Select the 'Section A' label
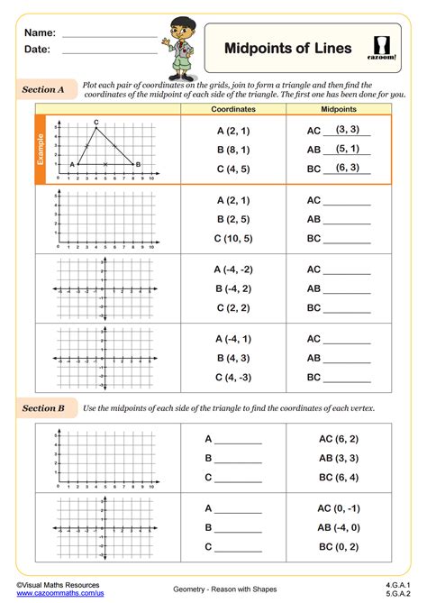(x=43, y=90)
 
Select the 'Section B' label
(x=43, y=407)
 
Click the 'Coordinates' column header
(x=233, y=109)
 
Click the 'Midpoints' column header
(x=339, y=109)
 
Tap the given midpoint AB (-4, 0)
(x=339, y=527)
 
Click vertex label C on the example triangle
(x=96, y=122)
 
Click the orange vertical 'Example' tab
(x=40, y=151)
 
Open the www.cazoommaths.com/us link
(x=59, y=593)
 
